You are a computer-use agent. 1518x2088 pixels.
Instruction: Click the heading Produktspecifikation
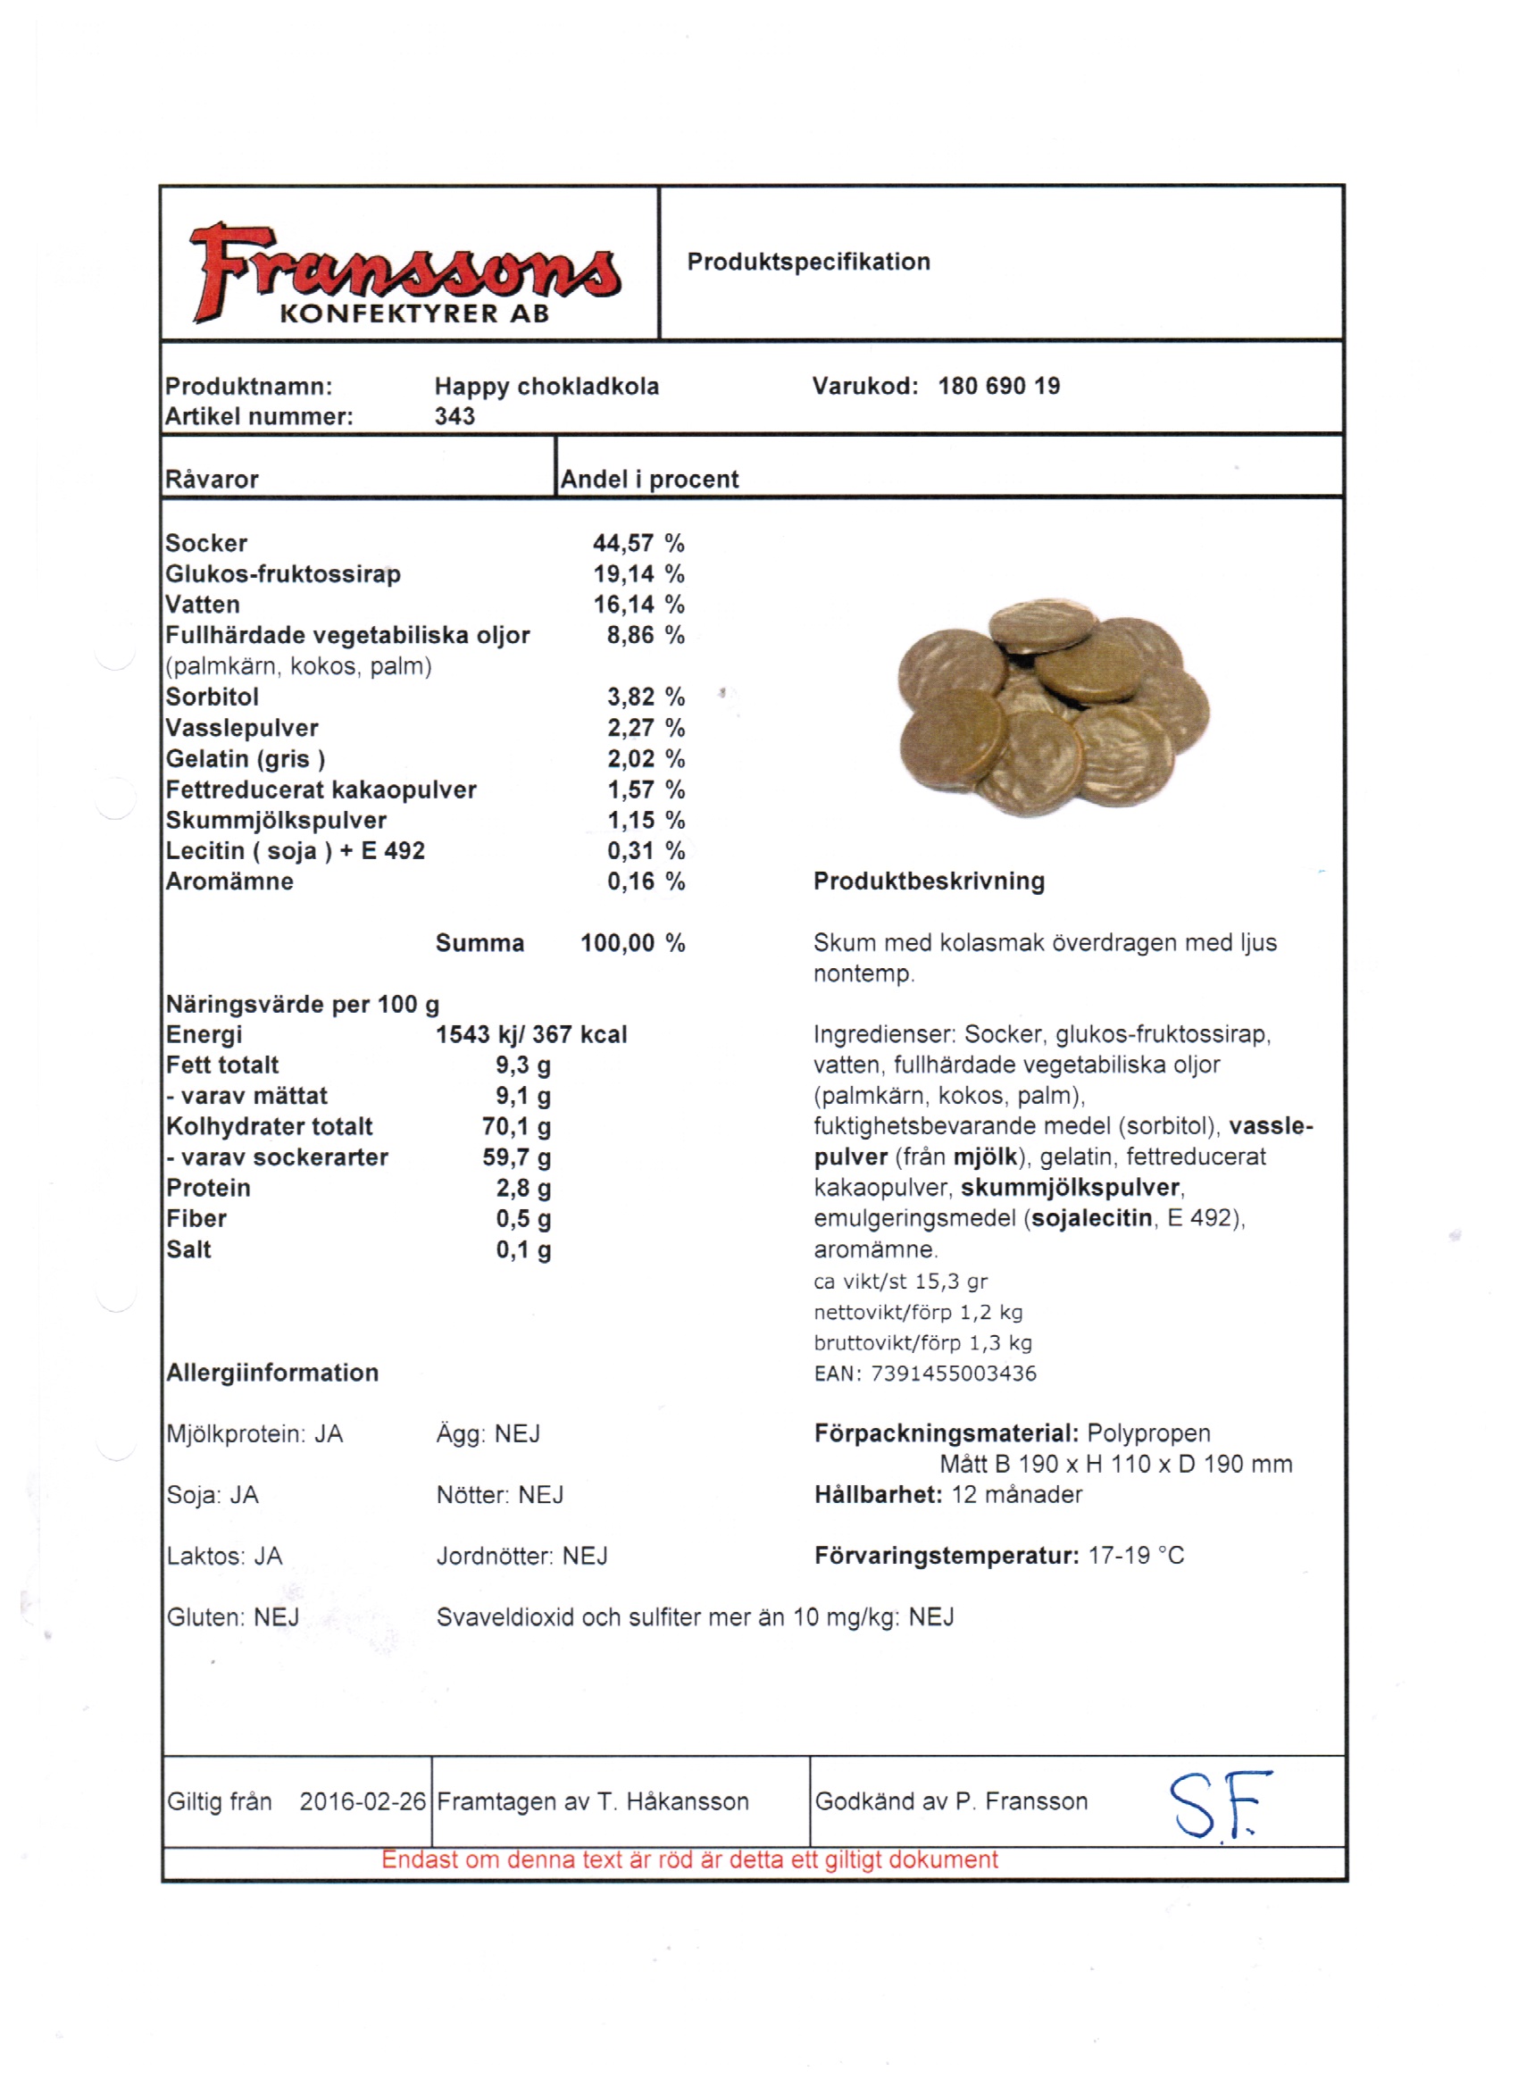808,263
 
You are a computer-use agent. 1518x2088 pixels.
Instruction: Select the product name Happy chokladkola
546,387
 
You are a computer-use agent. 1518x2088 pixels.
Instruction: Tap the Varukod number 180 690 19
999,387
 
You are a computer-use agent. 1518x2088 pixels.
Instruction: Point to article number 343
455,417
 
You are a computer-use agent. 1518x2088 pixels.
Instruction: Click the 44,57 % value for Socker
638,544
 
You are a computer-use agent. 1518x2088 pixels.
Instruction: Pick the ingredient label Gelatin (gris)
246,759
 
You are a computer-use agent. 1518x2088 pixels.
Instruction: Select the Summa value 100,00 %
632,944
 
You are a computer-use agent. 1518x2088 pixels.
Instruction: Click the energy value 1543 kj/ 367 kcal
531,1035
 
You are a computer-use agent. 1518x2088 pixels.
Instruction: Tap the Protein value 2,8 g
524,1189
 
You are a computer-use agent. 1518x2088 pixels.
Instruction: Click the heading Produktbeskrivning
929,882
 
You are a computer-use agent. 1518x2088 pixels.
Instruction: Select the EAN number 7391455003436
954,1374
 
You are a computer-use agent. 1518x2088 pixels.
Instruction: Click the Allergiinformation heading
272,1374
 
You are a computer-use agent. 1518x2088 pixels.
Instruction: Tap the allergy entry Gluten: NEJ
233,1617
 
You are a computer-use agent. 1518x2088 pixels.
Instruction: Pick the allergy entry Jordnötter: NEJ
522,1557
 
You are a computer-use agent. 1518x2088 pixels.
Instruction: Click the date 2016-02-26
363,1801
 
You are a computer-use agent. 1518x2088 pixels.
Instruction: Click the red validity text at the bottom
689,1859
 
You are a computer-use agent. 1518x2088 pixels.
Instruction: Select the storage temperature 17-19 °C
1136,1556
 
